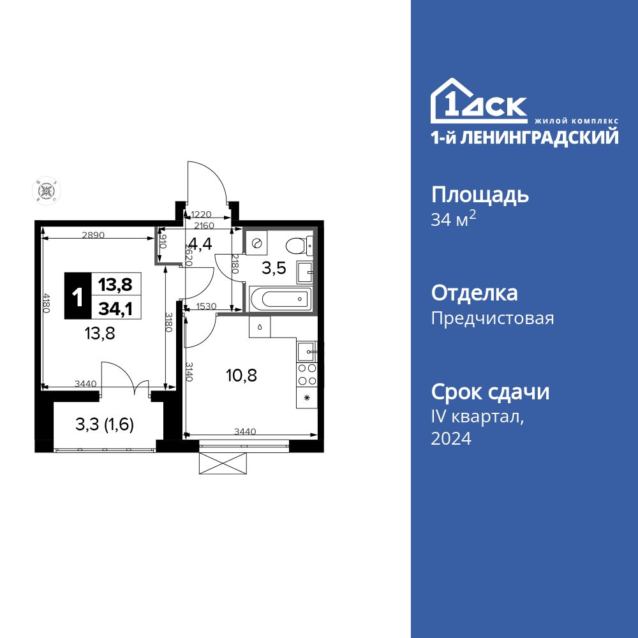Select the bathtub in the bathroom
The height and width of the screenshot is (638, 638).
[x=279, y=298]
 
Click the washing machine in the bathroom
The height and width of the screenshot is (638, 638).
[x=258, y=243]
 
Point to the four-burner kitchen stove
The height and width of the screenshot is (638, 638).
[x=307, y=375]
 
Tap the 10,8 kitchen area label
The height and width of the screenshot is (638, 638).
[x=242, y=375]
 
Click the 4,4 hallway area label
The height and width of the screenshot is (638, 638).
[x=199, y=244]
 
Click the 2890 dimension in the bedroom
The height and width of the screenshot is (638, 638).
[x=93, y=235]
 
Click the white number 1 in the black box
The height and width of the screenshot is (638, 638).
[x=78, y=297]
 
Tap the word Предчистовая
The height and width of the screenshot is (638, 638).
[x=493, y=318]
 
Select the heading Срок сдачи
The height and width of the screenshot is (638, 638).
[x=490, y=392]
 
